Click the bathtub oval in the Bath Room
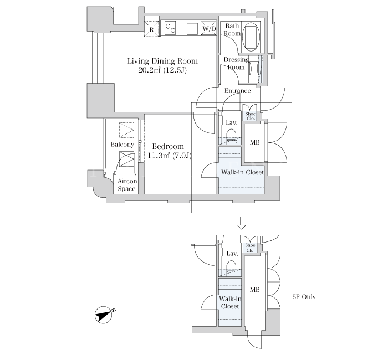(251, 37)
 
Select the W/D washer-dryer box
(209, 29)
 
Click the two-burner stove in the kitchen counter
(170, 28)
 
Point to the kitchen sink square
(192, 29)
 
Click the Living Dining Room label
(162, 61)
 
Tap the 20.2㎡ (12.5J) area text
(162, 70)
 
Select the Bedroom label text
(168, 146)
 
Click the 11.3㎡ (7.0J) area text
(170, 156)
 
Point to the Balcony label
(122, 145)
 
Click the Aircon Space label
(127, 185)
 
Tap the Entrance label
(238, 91)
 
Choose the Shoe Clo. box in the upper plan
(250, 116)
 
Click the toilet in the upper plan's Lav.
(231, 135)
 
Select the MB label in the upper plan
(254, 142)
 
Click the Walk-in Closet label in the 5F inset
(230, 302)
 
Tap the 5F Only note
(304, 297)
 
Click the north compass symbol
(104, 315)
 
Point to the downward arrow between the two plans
(242, 223)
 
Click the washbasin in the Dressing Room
(254, 68)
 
